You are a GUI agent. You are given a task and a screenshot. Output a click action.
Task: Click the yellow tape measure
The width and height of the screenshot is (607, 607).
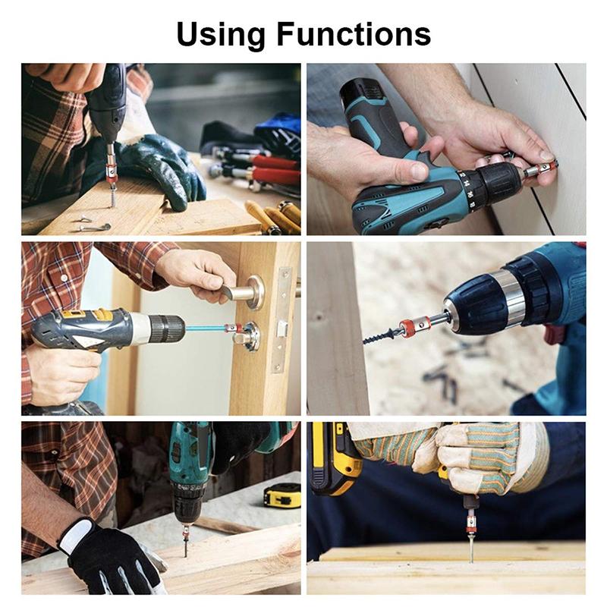click(x=281, y=495)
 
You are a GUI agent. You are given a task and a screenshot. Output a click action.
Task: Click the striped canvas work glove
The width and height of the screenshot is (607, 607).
click(x=486, y=455)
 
